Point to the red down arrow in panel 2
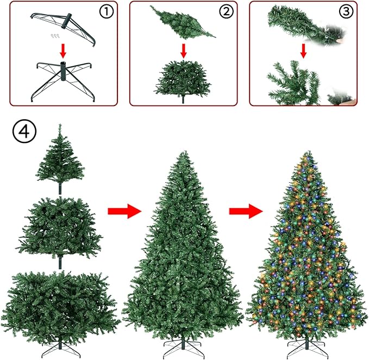coord(183,51)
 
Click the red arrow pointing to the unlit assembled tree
coord(124,211)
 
